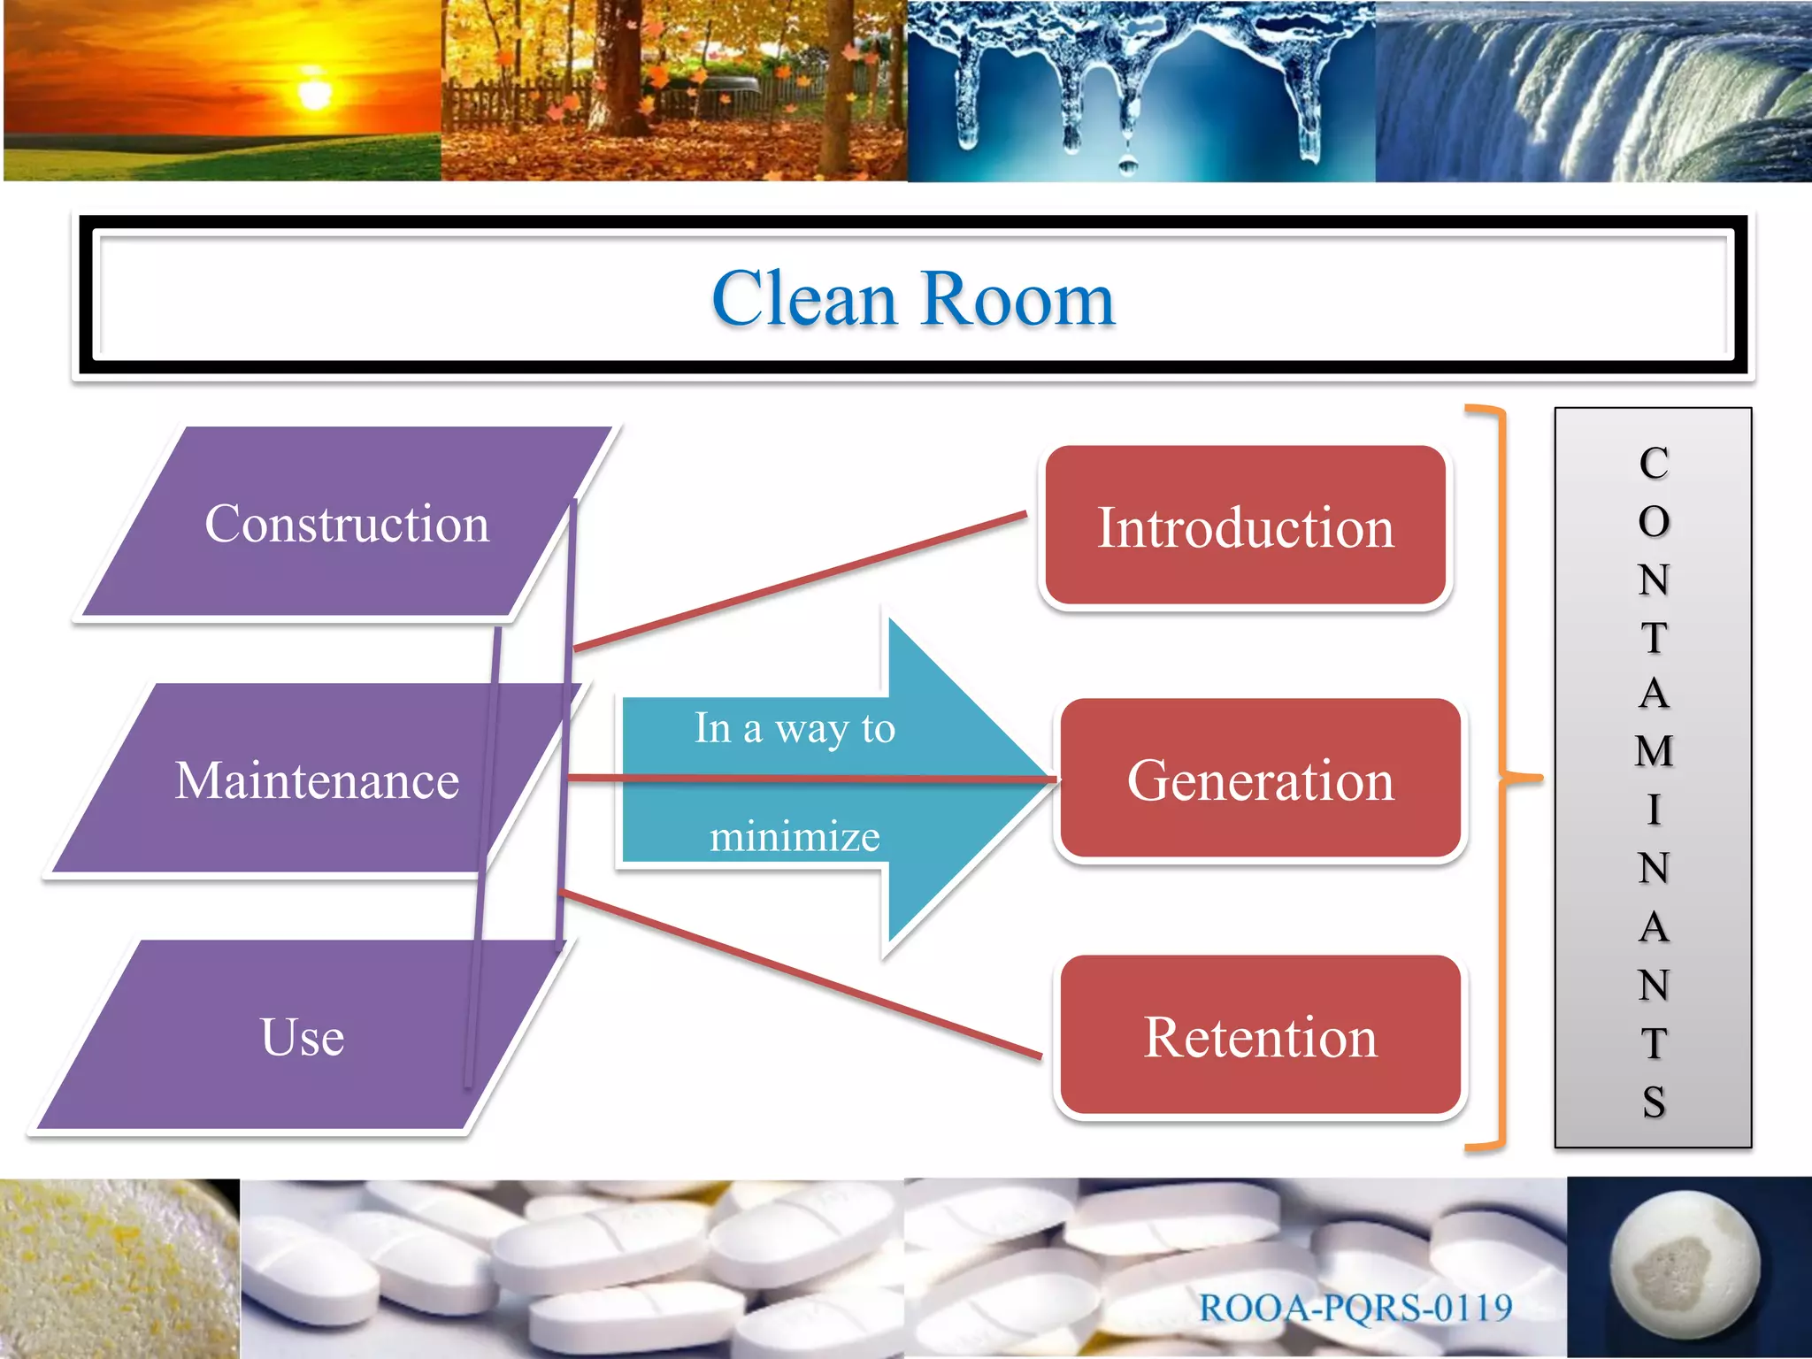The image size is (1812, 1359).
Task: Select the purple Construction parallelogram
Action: [x=346, y=524]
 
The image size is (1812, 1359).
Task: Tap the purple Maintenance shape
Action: [x=317, y=780]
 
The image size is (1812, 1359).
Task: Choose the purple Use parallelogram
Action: [x=302, y=1037]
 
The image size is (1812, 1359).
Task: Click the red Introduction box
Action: [x=1245, y=527]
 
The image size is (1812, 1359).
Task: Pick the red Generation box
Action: [x=1260, y=780]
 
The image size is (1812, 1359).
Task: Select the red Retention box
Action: [x=1260, y=1037]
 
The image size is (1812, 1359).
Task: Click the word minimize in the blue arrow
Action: [x=795, y=836]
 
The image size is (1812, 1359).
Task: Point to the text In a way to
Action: [x=795, y=728]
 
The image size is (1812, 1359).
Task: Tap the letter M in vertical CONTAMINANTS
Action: [x=1653, y=751]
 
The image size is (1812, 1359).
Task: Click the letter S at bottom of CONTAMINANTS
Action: [x=1653, y=1102]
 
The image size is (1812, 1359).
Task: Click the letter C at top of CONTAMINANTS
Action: [x=1653, y=464]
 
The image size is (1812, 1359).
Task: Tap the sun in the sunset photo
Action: [x=314, y=92]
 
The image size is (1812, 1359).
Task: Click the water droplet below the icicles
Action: [x=1127, y=163]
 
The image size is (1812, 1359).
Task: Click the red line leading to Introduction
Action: [x=796, y=582]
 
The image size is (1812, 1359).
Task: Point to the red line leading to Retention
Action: [x=796, y=973]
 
